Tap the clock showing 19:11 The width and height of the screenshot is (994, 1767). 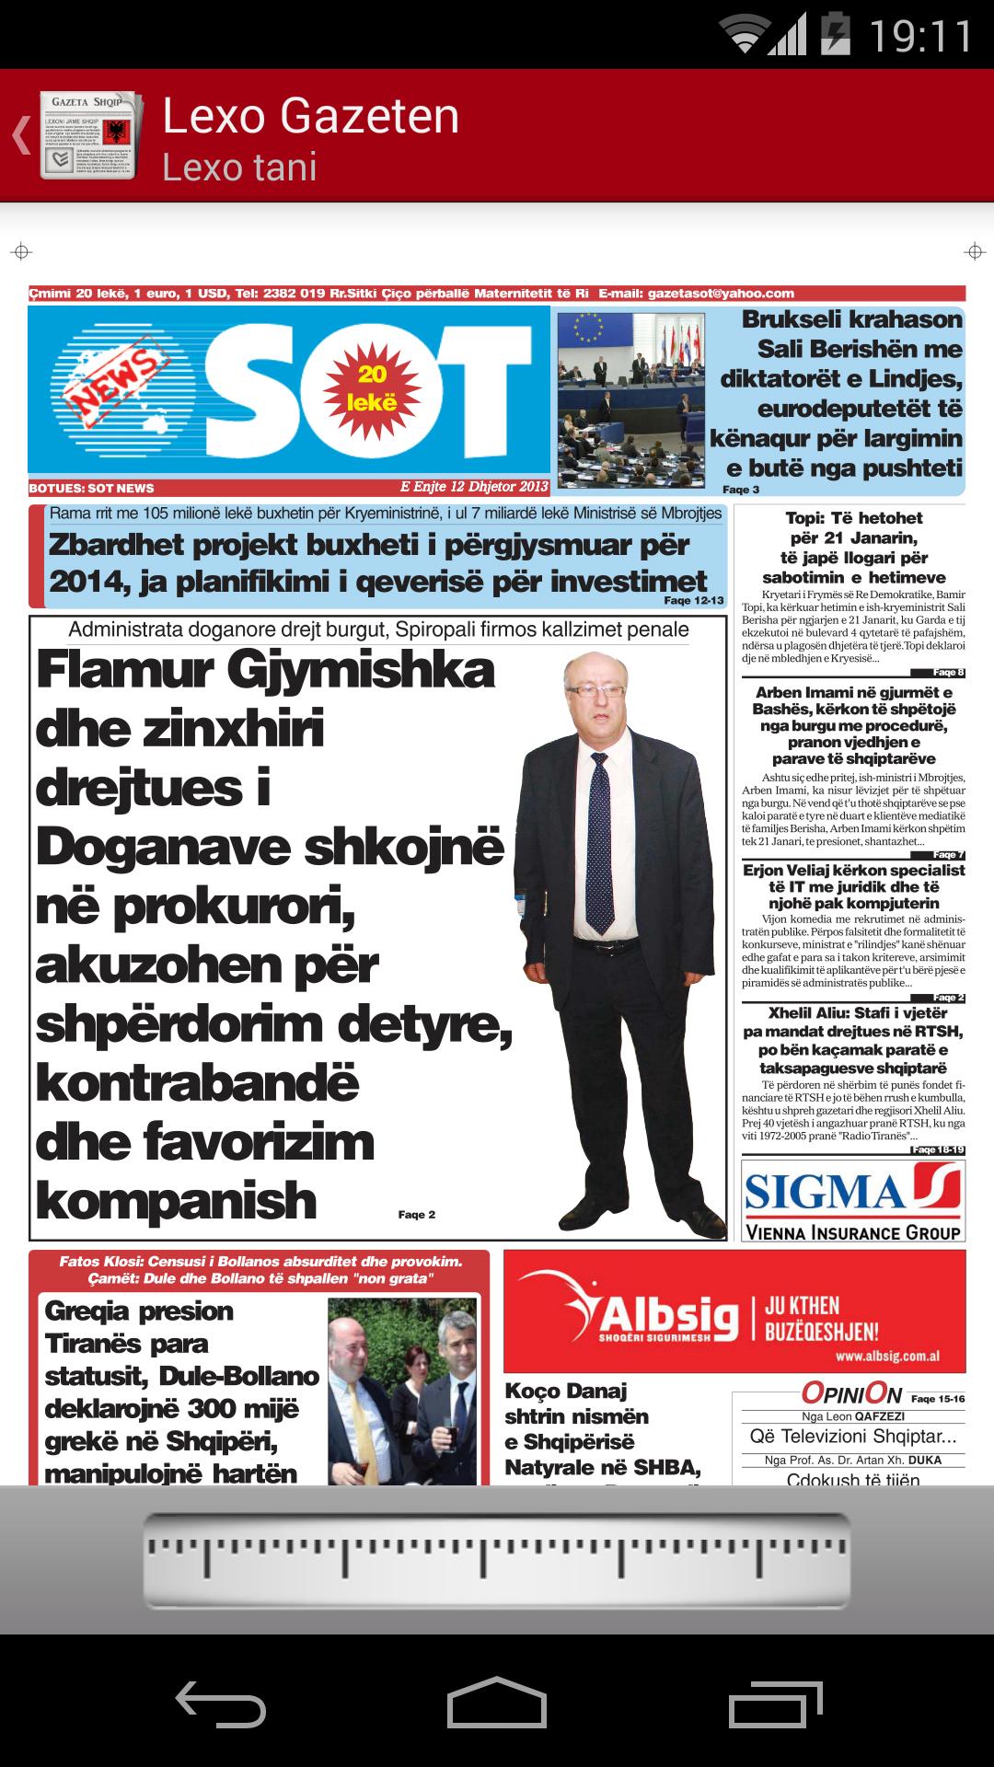(920, 37)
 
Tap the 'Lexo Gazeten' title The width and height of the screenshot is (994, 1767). (311, 116)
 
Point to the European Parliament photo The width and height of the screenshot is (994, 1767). (630, 398)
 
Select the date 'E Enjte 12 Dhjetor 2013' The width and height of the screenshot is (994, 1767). (474, 487)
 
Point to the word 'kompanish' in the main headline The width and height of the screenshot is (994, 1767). (177, 1201)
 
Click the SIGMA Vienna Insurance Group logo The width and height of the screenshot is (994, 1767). (853, 1200)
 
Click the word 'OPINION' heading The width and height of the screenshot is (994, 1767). (851, 1393)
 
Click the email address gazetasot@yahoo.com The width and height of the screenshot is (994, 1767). (721, 294)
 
